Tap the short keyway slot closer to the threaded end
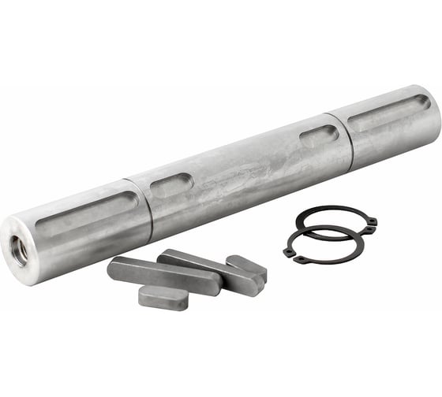(171, 186)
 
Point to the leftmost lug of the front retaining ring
(291, 255)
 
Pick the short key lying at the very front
(163, 297)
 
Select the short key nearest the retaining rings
(245, 267)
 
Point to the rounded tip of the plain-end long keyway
(423, 101)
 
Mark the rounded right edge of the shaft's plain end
(436, 118)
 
